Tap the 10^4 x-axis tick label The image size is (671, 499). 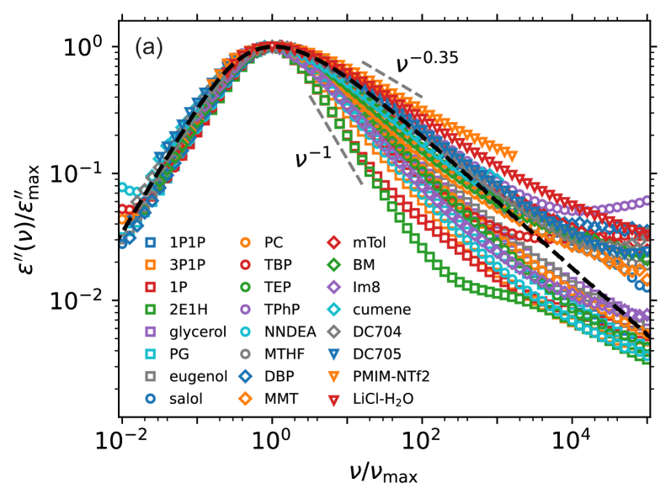click(x=572, y=437)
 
